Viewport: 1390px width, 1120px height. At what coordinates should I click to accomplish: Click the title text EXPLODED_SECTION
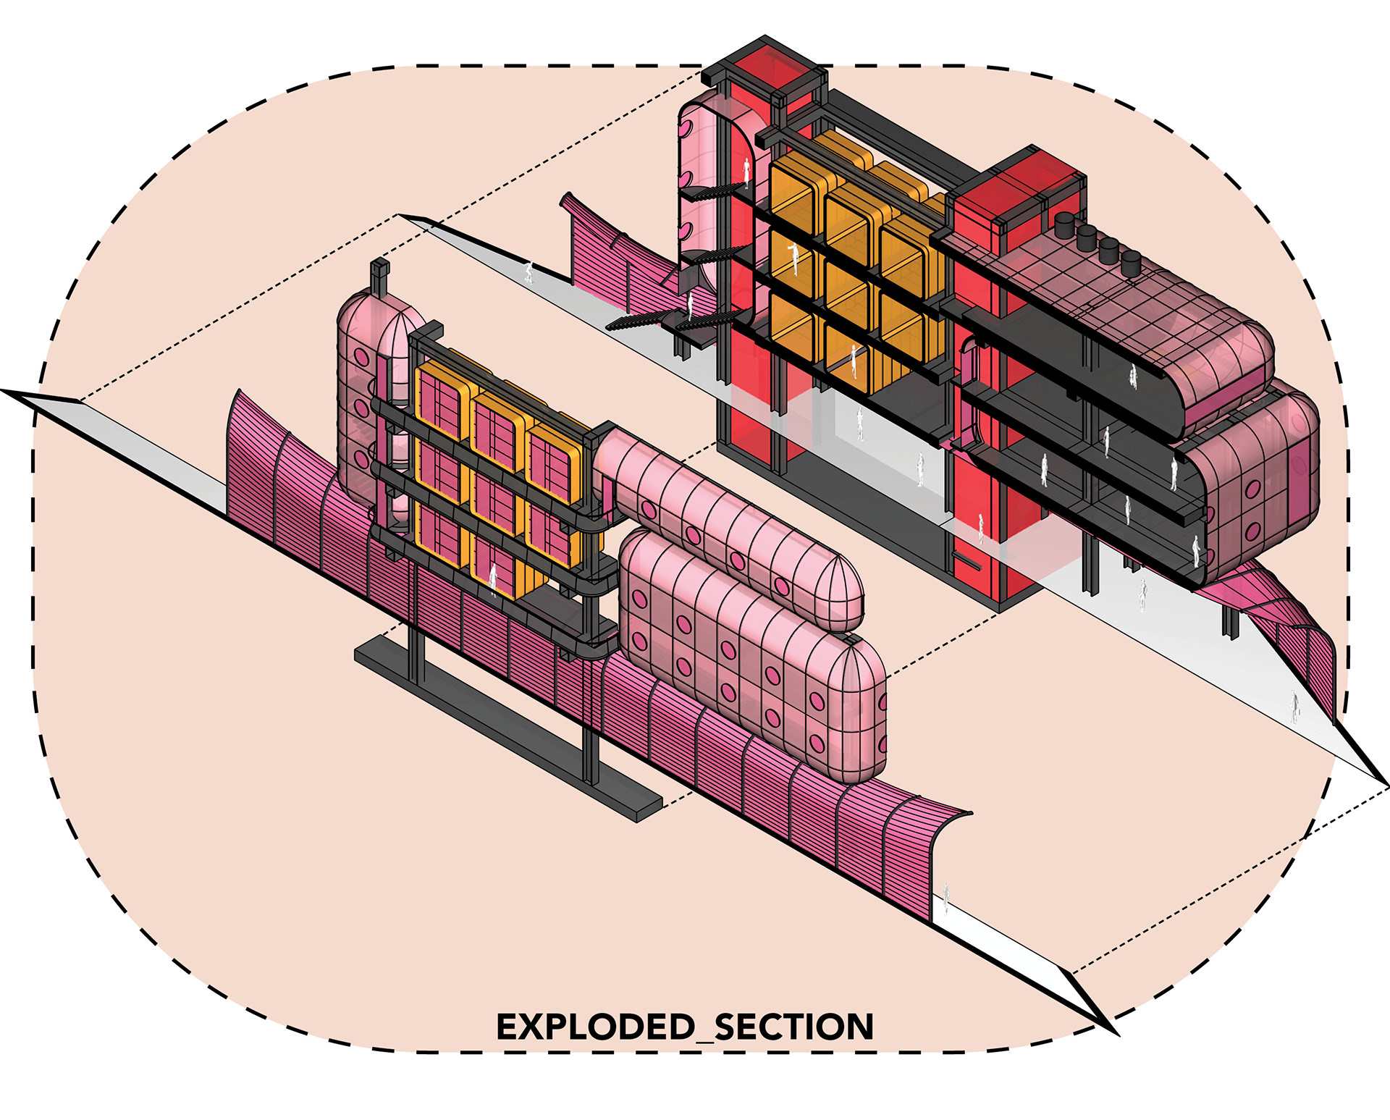pyautogui.click(x=685, y=1027)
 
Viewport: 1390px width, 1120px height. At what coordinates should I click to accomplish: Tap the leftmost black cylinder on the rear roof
pyautogui.click(x=1066, y=225)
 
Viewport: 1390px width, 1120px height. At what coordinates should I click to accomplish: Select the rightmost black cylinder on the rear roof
pyautogui.click(x=1130, y=262)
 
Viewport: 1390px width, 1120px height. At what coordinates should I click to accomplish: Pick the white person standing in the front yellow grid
pyautogui.click(x=494, y=578)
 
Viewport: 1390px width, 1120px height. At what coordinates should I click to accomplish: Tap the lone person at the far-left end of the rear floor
pyautogui.click(x=529, y=273)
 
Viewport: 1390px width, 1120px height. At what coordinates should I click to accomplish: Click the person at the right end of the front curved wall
pyautogui.click(x=945, y=896)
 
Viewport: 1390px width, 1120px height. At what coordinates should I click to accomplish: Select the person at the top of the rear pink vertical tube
pyautogui.click(x=746, y=172)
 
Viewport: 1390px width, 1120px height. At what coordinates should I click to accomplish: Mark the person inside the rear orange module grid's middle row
pyautogui.click(x=794, y=256)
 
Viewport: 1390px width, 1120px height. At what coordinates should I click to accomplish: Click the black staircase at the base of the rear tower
pyautogui.click(x=637, y=321)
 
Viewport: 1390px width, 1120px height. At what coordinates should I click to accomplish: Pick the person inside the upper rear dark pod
pyautogui.click(x=1133, y=376)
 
